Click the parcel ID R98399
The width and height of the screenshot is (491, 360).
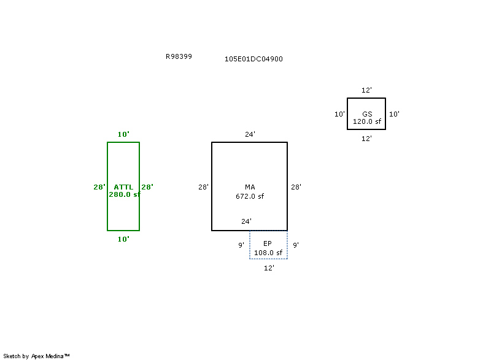pyautogui.click(x=179, y=56)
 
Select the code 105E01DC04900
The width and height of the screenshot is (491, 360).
pyautogui.click(x=253, y=59)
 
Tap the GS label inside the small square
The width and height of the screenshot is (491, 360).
pyautogui.click(x=367, y=114)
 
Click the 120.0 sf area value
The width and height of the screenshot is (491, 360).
pyautogui.click(x=367, y=121)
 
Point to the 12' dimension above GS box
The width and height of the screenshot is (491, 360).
pyautogui.click(x=366, y=90)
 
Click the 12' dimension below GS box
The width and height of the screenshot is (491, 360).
pyautogui.click(x=366, y=139)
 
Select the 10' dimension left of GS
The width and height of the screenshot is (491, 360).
pyautogui.click(x=339, y=114)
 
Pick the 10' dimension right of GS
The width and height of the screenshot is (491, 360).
pyautogui.click(x=395, y=114)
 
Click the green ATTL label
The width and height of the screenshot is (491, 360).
pyautogui.click(x=123, y=187)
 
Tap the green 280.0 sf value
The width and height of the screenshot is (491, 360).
pyautogui.click(x=125, y=194)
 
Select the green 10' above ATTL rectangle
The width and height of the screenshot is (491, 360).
pyautogui.click(x=123, y=134)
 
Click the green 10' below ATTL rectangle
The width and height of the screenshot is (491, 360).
pyautogui.click(x=123, y=239)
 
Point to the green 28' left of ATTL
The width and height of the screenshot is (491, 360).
pyautogui.click(x=99, y=187)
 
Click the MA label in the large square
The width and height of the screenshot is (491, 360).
pyautogui.click(x=250, y=187)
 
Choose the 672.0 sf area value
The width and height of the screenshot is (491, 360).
pyautogui.click(x=250, y=197)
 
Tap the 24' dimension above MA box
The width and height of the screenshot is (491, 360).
pyautogui.click(x=250, y=134)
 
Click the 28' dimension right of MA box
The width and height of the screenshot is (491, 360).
pyautogui.click(x=296, y=187)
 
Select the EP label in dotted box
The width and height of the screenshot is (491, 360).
pyautogui.click(x=268, y=243)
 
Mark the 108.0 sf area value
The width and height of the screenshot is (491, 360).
pyautogui.click(x=268, y=253)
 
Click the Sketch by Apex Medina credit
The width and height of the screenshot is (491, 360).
pyautogui.click(x=37, y=356)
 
